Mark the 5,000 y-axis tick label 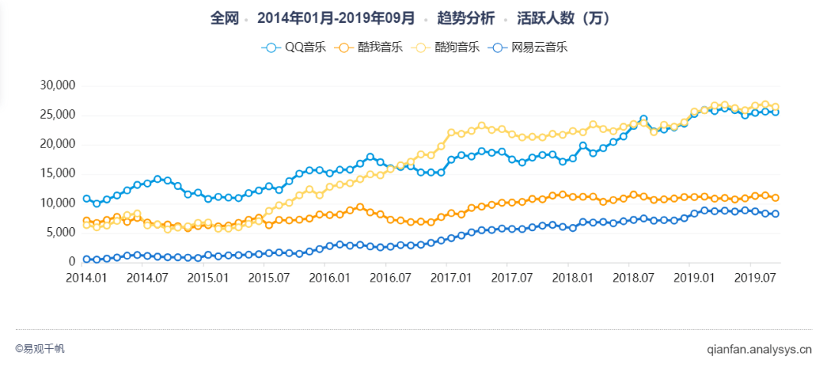(x=58, y=233)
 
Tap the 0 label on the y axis (x=70, y=262)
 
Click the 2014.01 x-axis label (x=87, y=277)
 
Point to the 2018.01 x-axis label (x=570, y=277)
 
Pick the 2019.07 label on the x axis (x=752, y=277)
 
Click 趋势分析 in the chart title (x=465, y=18)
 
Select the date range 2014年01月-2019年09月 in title (x=336, y=18)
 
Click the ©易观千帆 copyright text (x=40, y=349)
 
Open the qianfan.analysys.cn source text (x=758, y=350)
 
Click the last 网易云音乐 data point (x=775, y=214)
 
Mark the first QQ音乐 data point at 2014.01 (x=87, y=199)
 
